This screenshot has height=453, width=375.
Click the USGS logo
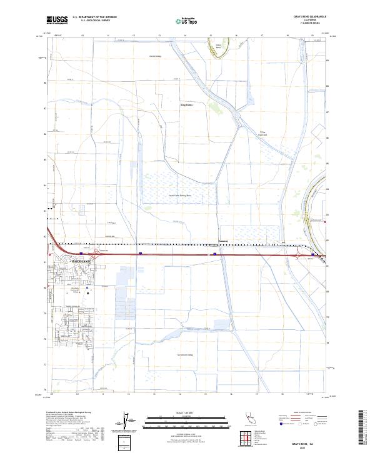pos(56,20)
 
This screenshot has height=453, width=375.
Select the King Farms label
pos(187,105)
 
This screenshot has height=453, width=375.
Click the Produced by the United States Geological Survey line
pos(69,413)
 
